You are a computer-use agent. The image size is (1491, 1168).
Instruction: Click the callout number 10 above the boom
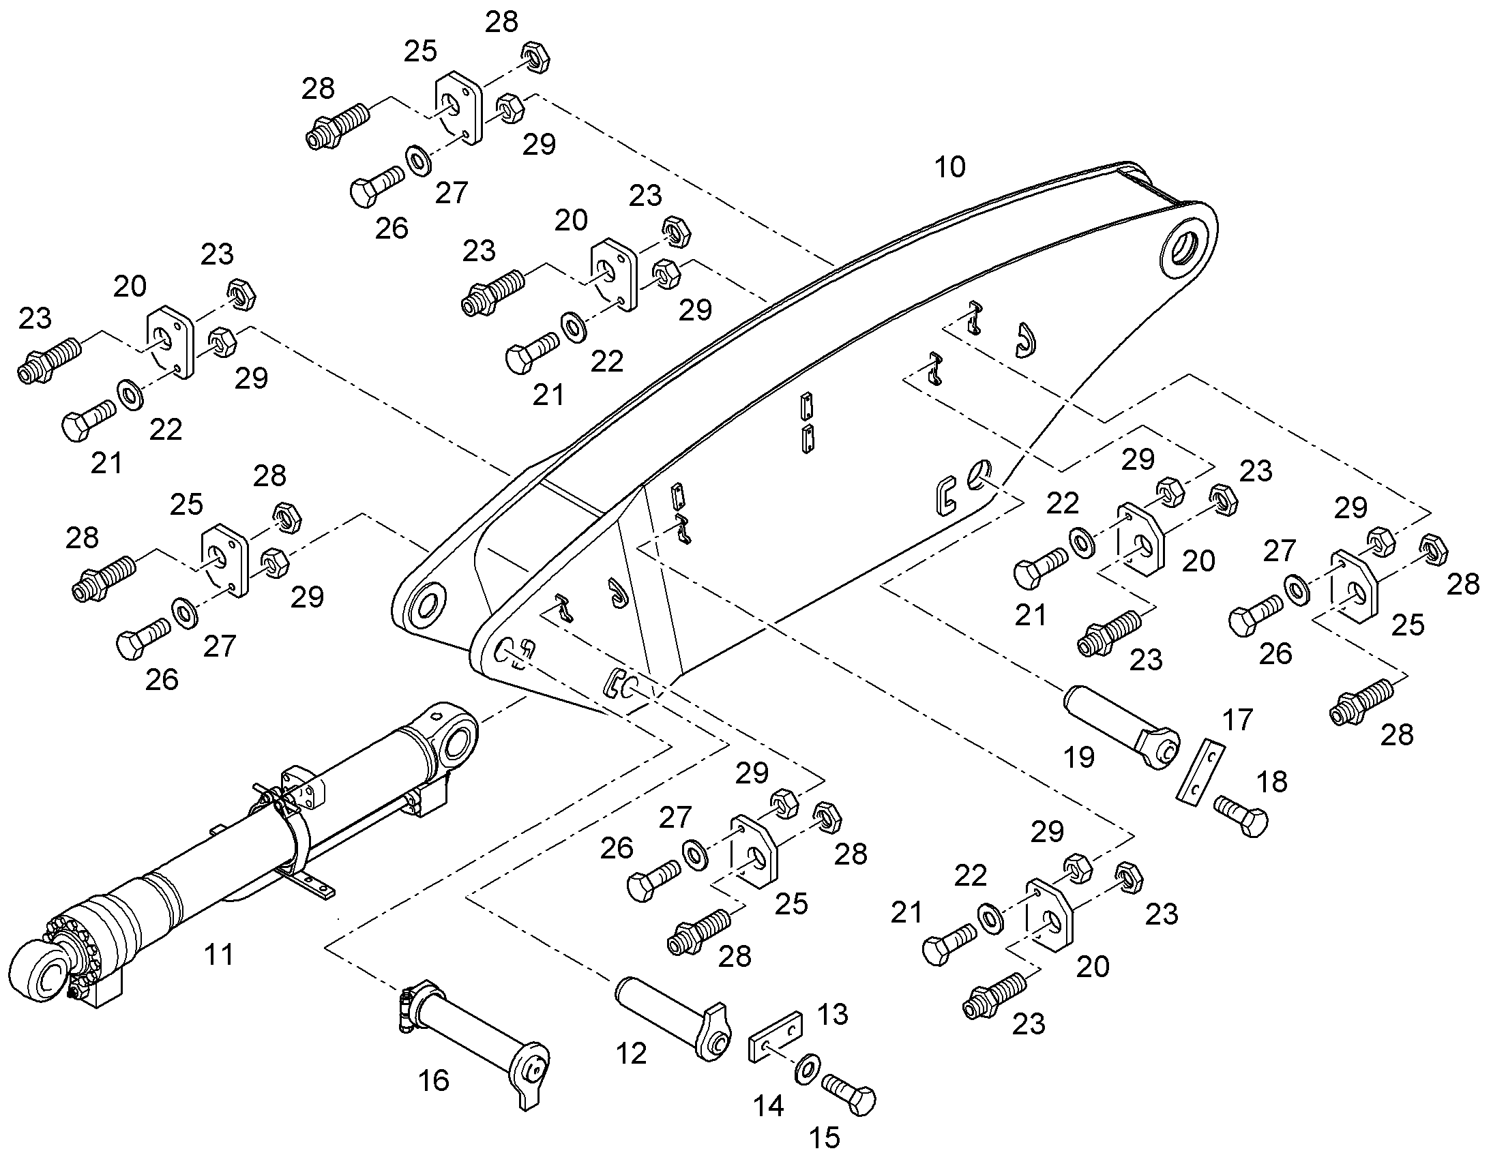(950, 167)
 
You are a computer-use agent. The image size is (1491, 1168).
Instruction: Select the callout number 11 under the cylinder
(219, 954)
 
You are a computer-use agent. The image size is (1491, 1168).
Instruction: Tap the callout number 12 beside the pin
(631, 1054)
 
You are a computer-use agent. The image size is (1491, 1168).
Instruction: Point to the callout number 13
(832, 1014)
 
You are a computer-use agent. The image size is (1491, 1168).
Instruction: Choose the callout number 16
(433, 1081)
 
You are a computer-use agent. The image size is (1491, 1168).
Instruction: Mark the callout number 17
(1237, 719)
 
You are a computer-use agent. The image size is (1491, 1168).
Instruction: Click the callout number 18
(1271, 781)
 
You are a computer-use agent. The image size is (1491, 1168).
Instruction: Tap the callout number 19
(1079, 757)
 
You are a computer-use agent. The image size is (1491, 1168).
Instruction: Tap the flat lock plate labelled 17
(1200, 769)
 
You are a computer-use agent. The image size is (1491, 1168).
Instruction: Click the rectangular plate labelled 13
(776, 1036)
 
